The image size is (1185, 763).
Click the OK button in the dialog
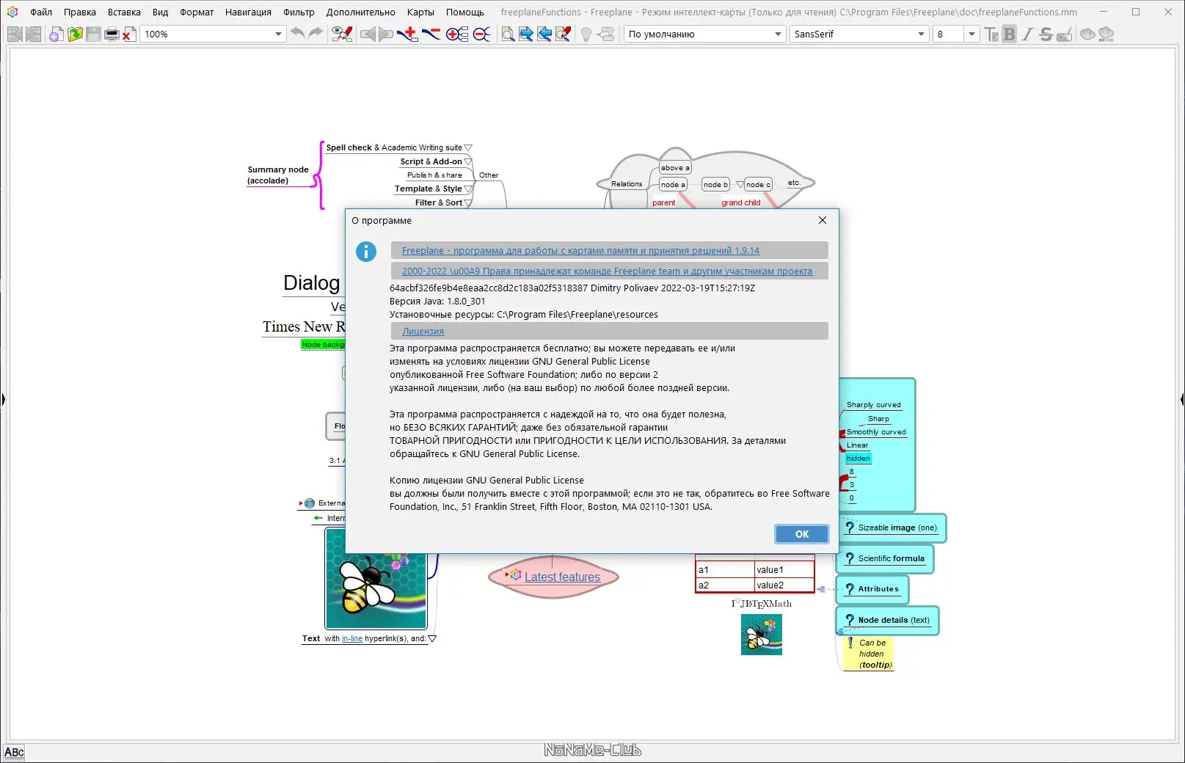801,534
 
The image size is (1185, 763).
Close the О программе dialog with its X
823,220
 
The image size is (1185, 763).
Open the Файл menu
41,12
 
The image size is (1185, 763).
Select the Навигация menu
248,12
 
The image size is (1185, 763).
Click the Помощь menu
464,12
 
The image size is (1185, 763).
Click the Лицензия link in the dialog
423,332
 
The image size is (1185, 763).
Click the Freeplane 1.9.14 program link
580,251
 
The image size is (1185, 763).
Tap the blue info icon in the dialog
366,252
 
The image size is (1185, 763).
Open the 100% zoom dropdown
278,34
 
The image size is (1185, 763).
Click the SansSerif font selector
858,34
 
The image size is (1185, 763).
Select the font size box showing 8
947,34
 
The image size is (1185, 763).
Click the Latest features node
562,577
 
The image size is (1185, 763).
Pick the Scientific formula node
891,558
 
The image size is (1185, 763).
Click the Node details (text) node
893,620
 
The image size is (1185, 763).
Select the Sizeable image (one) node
897,527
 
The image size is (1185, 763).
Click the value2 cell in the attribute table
784,585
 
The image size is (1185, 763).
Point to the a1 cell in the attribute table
724,570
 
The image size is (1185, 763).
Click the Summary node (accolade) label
277,175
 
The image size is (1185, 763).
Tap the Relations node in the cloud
627,184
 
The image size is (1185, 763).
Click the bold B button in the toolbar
1009,34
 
